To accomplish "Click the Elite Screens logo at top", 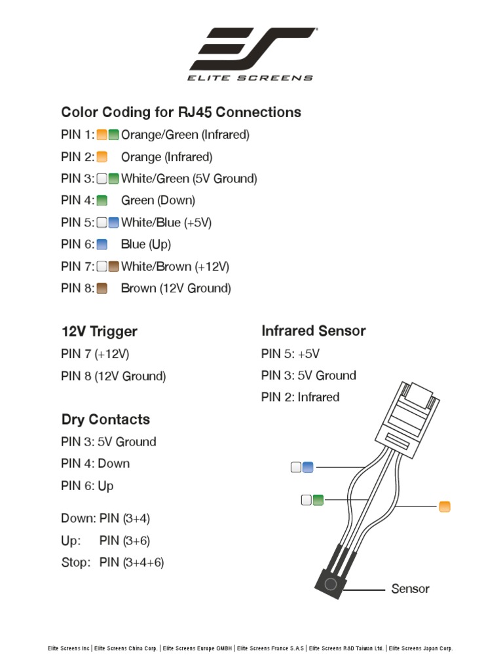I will pyautogui.click(x=251, y=54).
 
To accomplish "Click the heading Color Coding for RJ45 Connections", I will pyautogui.click(x=181, y=112).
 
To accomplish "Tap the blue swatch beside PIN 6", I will pyautogui.click(x=102, y=244).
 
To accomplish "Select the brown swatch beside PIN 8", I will pyautogui.click(x=102, y=288).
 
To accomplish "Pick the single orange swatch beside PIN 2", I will pyautogui.click(x=102, y=156).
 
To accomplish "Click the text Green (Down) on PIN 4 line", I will pyautogui.click(x=158, y=200).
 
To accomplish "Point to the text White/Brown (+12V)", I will pyautogui.click(x=175, y=266).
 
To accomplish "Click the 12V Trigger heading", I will pyautogui.click(x=99, y=331).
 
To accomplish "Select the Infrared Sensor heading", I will pyautogui.click(x=313, y=330).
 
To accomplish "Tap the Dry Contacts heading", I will pyautogui.click(x=105, y=419).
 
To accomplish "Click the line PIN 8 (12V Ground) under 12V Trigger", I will pyautogui.click(x=113, y=376).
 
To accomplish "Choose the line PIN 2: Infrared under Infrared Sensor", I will pyautogui.click(x=300, y=397).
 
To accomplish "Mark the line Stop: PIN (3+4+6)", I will pyautogui.click(x=112, y=562).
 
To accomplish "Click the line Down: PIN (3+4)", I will pyautogui.click(x=105, y=518).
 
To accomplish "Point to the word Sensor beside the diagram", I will pyautogui.click(x=410, y=588).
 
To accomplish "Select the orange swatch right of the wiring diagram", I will pyautogui.click(x=445, y=506).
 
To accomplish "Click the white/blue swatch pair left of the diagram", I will pyautogui.click(x=303, y=467).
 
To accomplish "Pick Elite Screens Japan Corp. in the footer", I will pyautogui.click(x=422, y=648).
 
